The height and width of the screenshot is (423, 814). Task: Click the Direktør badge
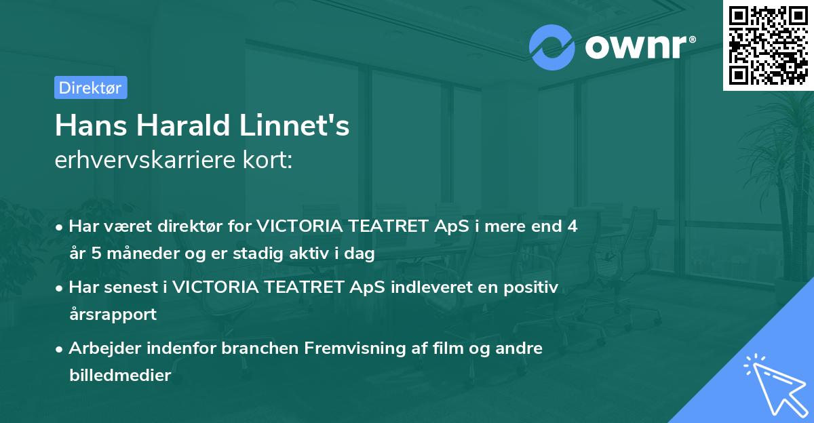[x=90, y=87]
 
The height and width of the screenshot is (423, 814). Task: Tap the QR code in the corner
[x=767, y=45]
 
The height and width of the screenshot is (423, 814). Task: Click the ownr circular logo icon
[x=552, y=47]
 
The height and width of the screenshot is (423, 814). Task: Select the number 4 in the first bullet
[x=573, y=226]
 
